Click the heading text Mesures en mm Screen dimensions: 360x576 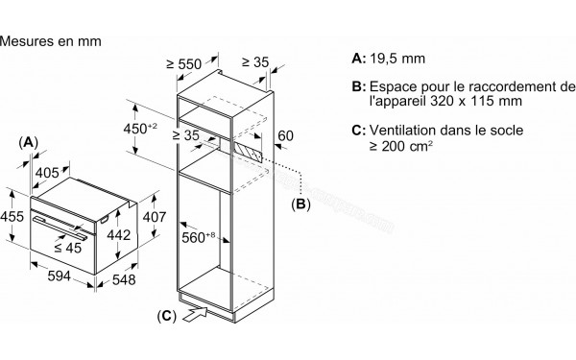click(51, 42)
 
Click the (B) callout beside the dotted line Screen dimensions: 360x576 click(301, 204)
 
